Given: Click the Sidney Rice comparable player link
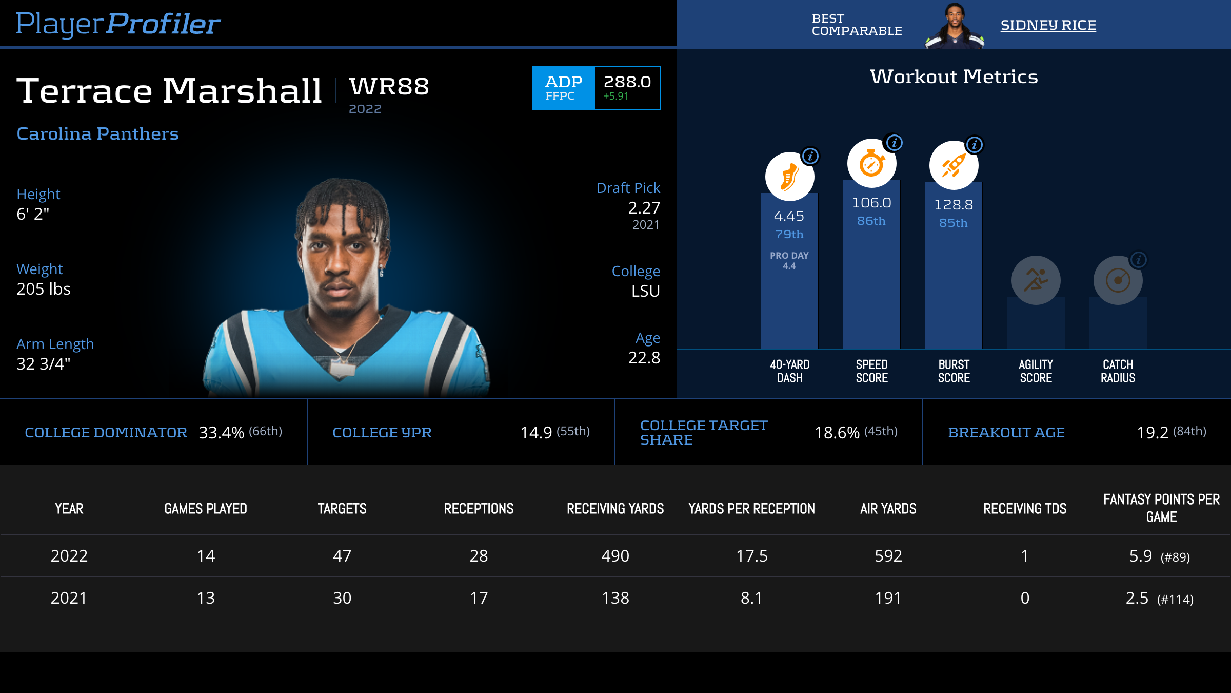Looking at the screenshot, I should pyautogui.click(x=1048, y=25).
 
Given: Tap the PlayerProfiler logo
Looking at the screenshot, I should pyautogui.click(x=118, y=24).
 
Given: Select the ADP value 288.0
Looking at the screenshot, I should pyautogui.click(x=627, y=82).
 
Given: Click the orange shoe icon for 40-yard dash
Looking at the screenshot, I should pyautogui.click(x=789, y=177).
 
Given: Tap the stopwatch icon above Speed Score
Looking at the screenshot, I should pyautogui.click(x=871, y=164).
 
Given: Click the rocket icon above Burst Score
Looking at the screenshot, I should pyautogui.click(x=954, y=165).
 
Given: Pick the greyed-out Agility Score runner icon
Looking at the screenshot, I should pyautogui.click(x=1036, y=280).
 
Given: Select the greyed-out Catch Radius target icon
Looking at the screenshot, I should pyautogui.click(x=1118, y=280).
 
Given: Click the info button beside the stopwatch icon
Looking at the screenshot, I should pyautogui.click(x=895, y=143).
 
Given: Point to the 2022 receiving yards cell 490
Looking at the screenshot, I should pyautogui.click(x=615, y=556).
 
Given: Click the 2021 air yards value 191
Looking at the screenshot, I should pyautogui.click(x=888, y=598).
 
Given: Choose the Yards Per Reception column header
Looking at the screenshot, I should pyautogui.click(x=751, y=509).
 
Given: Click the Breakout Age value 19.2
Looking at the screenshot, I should pyautogui.click(x=1153, y=433).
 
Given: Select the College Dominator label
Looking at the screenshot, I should pyautogui.click(x=106, y=433).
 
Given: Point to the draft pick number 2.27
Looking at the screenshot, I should pyautogui.click(x=644, y=208).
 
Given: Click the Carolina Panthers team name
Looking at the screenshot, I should pyautogui.click(x=97, y=133).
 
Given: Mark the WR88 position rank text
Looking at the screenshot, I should pyautogui.click(x=389, y=86).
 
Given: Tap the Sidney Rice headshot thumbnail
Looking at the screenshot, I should pyautogui.click(x=955, y=26).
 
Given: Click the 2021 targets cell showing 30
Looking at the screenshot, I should pyautogui.click(x=342, y=598).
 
